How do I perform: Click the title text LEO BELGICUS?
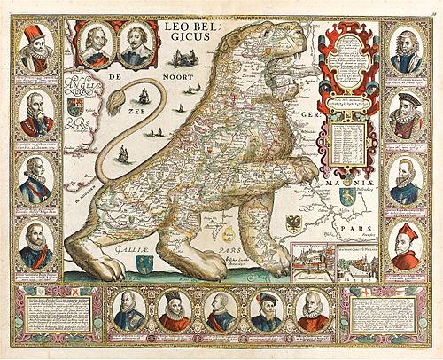[x=186, y=36]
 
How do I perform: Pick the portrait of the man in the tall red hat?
[x=35, y=47]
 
